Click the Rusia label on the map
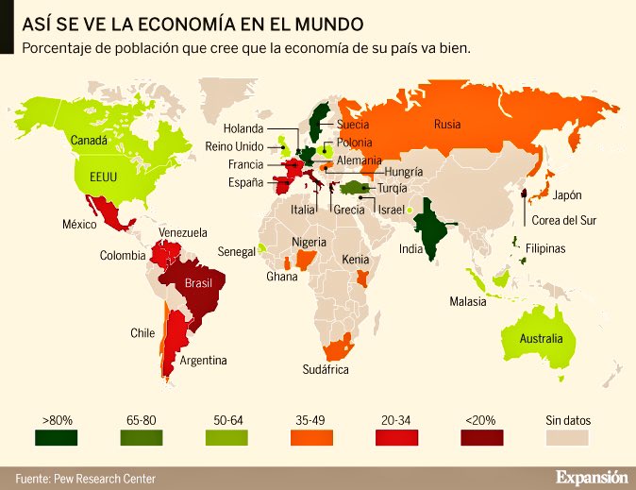tap(447, 124)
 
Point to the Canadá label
tap(90, 141)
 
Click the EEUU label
tap(104, 177)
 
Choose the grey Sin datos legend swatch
tap(567, 437)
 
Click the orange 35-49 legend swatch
tap(310, 437)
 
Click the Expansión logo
tap(591, 477)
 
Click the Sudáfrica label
tap(326, 369)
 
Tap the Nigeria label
tap(308, 242)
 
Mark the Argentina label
tap(204, 360)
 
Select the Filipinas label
tap(545, 248)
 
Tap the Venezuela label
tap(182, 232)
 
